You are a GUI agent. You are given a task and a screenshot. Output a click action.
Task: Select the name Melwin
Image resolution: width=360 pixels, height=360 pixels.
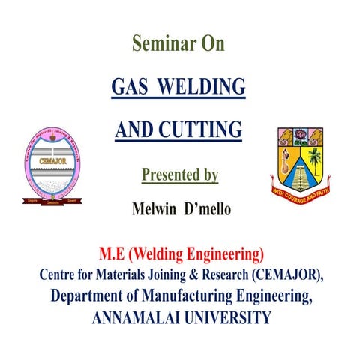[153, 208]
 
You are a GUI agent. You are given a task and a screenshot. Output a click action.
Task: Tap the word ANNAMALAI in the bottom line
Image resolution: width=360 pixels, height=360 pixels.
[133, 317]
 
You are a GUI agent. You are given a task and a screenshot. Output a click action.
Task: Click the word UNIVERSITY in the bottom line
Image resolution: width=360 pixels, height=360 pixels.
[223, 317]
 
